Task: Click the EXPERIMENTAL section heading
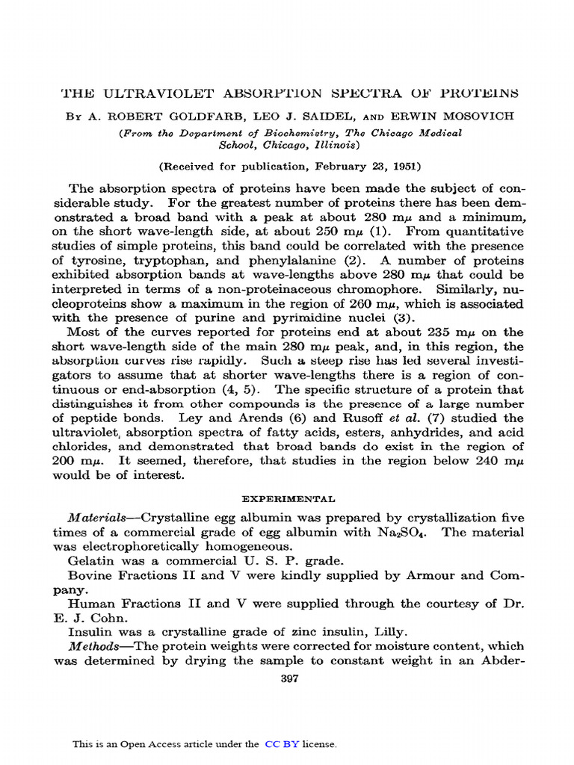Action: pos(288,498)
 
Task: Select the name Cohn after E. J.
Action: pos(111,618)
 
